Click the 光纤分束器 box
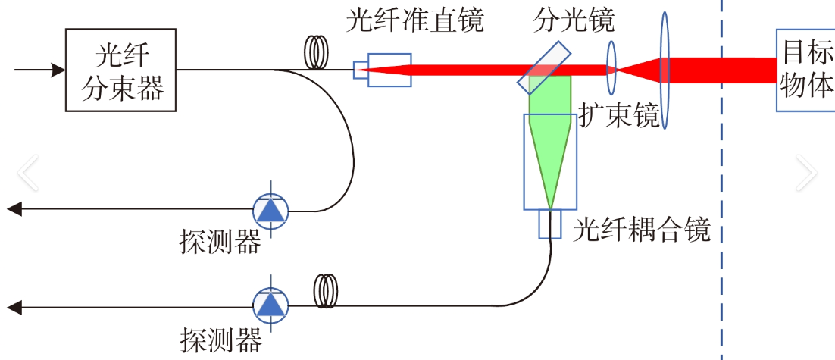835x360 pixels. [x=121, y=70]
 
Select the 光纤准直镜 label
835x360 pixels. [x=414, y=20]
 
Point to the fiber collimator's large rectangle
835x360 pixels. [x=389, y=70]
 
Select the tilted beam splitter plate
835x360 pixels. [x=544, y=64]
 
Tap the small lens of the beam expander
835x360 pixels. [x=611, y=69]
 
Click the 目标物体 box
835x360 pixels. [x=805, y=70]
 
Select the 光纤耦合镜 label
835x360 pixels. [x=642, y=228]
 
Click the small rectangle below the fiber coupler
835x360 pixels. [x=550, y=224]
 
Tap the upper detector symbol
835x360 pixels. [x=271, y=209]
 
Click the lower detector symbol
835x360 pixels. [x=271, y=305]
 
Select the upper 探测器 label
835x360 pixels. [x=220, y=242]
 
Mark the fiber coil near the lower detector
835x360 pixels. [x=327, y=290]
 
